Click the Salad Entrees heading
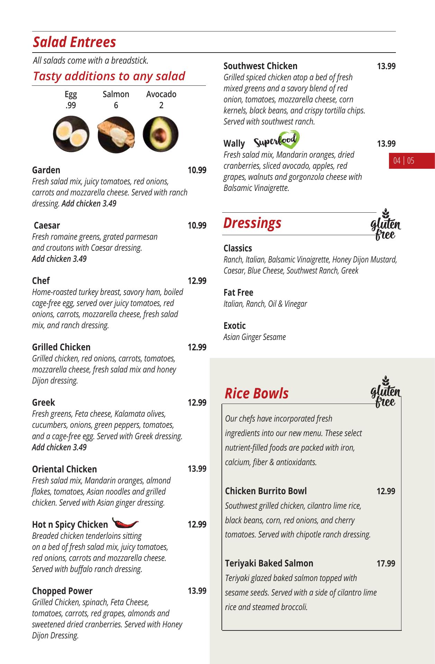(x=74, y=42)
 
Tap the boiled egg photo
(x=71, y=134)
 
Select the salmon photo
(x=116, y=135)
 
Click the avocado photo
(x=161, y=134)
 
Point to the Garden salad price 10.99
(x=197, y=170)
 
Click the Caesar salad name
(x=47, y=225)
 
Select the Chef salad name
(x=41, y=281)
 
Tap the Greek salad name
(x=44, y=403)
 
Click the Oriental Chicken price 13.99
(x=197, y=469)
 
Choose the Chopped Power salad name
(x=62, y=591)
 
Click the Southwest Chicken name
(x=260, y=66)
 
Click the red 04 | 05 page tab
(x=404, y=161)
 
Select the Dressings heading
(x=252, y=223)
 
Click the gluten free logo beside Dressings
(x=386, y=225)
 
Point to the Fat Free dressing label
(x=238, y=293)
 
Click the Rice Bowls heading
(x=256, y=394)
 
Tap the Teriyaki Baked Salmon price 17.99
(x=386, y=564)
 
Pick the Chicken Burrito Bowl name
(x=266, y=491)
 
